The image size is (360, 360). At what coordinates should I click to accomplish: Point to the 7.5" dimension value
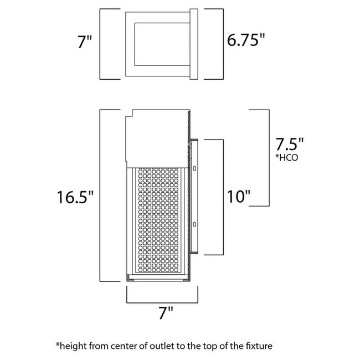coord(290,146)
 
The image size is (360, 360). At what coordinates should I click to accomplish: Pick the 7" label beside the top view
coord(85,42)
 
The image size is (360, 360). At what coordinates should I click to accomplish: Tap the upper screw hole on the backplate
coord(195,168)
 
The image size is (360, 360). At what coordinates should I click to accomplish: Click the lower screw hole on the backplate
coord(195,224)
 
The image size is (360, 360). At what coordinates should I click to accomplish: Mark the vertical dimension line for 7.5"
coord(269,158)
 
